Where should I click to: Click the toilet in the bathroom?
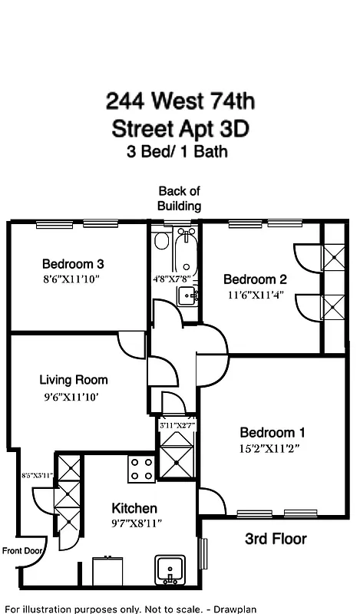tap(161, 243)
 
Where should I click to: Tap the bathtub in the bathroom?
tap(187, 256)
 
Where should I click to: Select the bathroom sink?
tap(188, 295)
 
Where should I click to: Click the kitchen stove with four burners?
tap(140, 468)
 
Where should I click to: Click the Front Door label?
tap(21, 550)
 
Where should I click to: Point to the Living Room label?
tap(74, 380)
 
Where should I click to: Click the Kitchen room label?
tap(134, 508)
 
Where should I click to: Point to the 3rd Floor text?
tap(276, 539)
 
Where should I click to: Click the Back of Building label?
tap(179, 198)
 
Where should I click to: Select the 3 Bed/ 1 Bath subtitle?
tap(177, 151)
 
